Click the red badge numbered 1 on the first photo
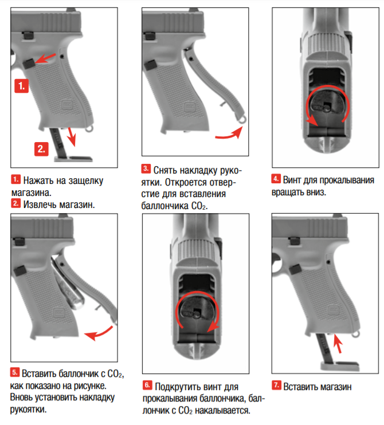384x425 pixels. point(21,86)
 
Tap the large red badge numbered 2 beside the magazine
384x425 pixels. point(42,148)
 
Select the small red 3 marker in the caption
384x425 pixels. point(146,169)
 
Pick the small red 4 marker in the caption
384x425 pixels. point(276,179)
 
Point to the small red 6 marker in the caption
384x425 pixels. point(147,385)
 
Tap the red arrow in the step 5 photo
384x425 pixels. point(96,332)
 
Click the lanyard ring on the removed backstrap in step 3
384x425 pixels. point(243,118)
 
